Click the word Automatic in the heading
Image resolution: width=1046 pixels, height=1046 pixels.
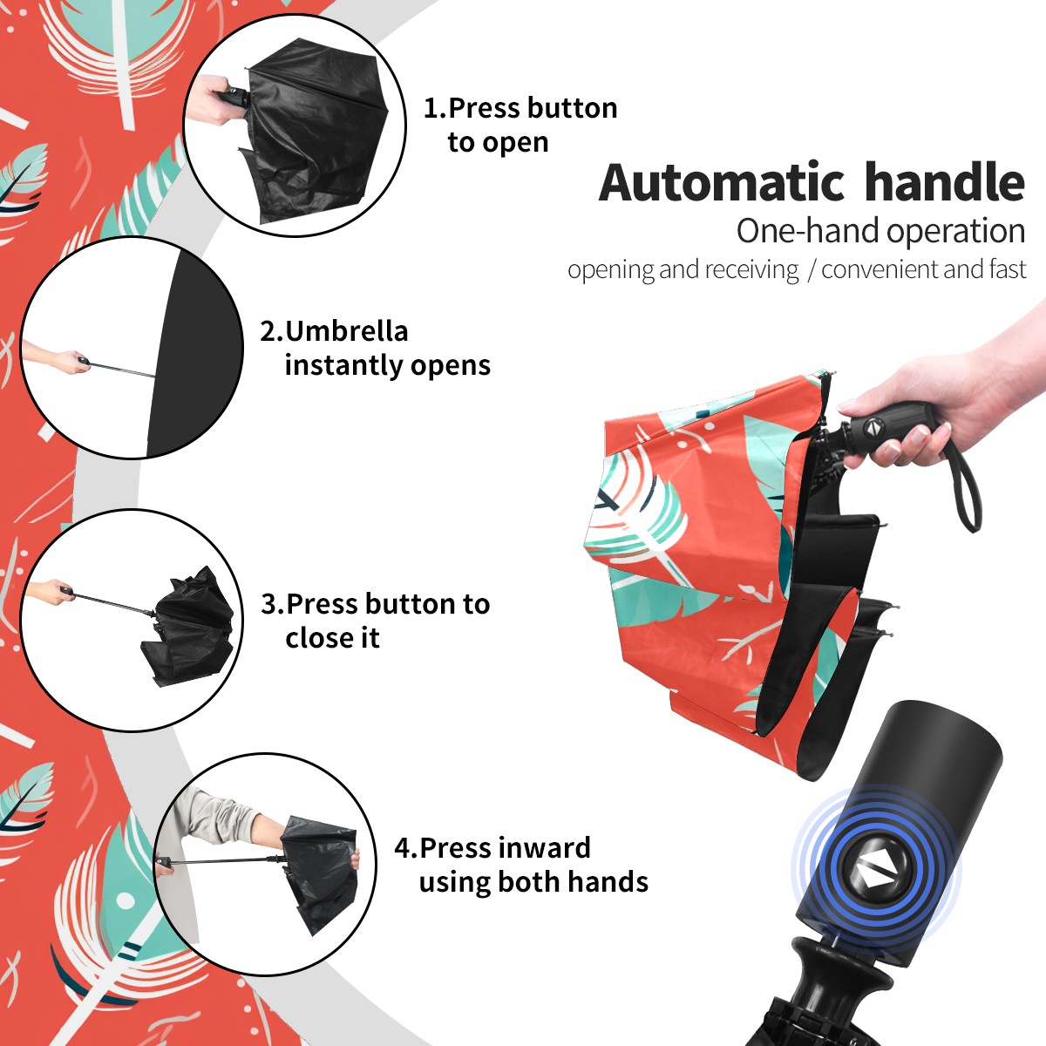[x=722, y=183]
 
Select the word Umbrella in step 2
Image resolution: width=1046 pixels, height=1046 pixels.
[x=346, y=331]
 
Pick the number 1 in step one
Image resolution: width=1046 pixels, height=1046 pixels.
[x=431, y=108]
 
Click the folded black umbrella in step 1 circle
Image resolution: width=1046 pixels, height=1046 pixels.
[x=316, y=133]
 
